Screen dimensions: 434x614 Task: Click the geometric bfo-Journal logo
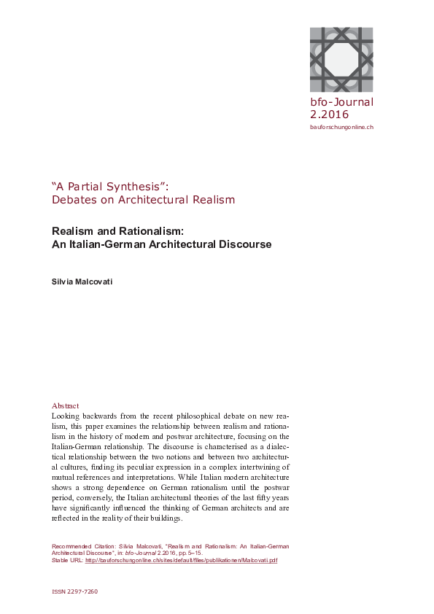point(341,58)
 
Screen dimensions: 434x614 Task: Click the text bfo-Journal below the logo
point(341,102)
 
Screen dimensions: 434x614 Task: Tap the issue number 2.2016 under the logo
point(329,114)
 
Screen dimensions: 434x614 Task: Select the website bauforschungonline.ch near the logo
point(341,127)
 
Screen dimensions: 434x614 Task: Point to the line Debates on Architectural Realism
point(143,199)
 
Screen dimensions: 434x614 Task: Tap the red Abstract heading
point(66,405)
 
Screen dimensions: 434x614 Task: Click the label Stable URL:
point(67,561)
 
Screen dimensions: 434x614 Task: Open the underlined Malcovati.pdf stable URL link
point(181,561)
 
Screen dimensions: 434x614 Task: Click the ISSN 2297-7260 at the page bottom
point(75,592)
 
